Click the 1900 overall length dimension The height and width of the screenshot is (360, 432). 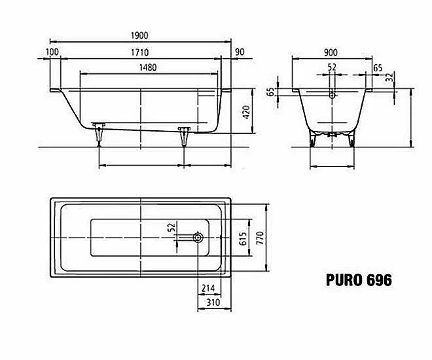coord(139,35)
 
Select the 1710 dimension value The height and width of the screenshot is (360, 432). coord(139,52)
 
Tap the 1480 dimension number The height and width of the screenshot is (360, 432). coord(148,67)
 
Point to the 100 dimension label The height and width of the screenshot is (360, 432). coord(52,52)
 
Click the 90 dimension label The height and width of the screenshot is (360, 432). coord(240,52)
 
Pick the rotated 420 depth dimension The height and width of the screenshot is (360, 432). coord(246,112)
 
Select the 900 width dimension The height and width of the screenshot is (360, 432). coord(331,52)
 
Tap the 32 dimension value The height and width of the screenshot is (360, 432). coord(389,77)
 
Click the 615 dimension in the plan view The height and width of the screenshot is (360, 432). coord(243,238)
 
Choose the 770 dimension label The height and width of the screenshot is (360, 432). coord(260,238)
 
